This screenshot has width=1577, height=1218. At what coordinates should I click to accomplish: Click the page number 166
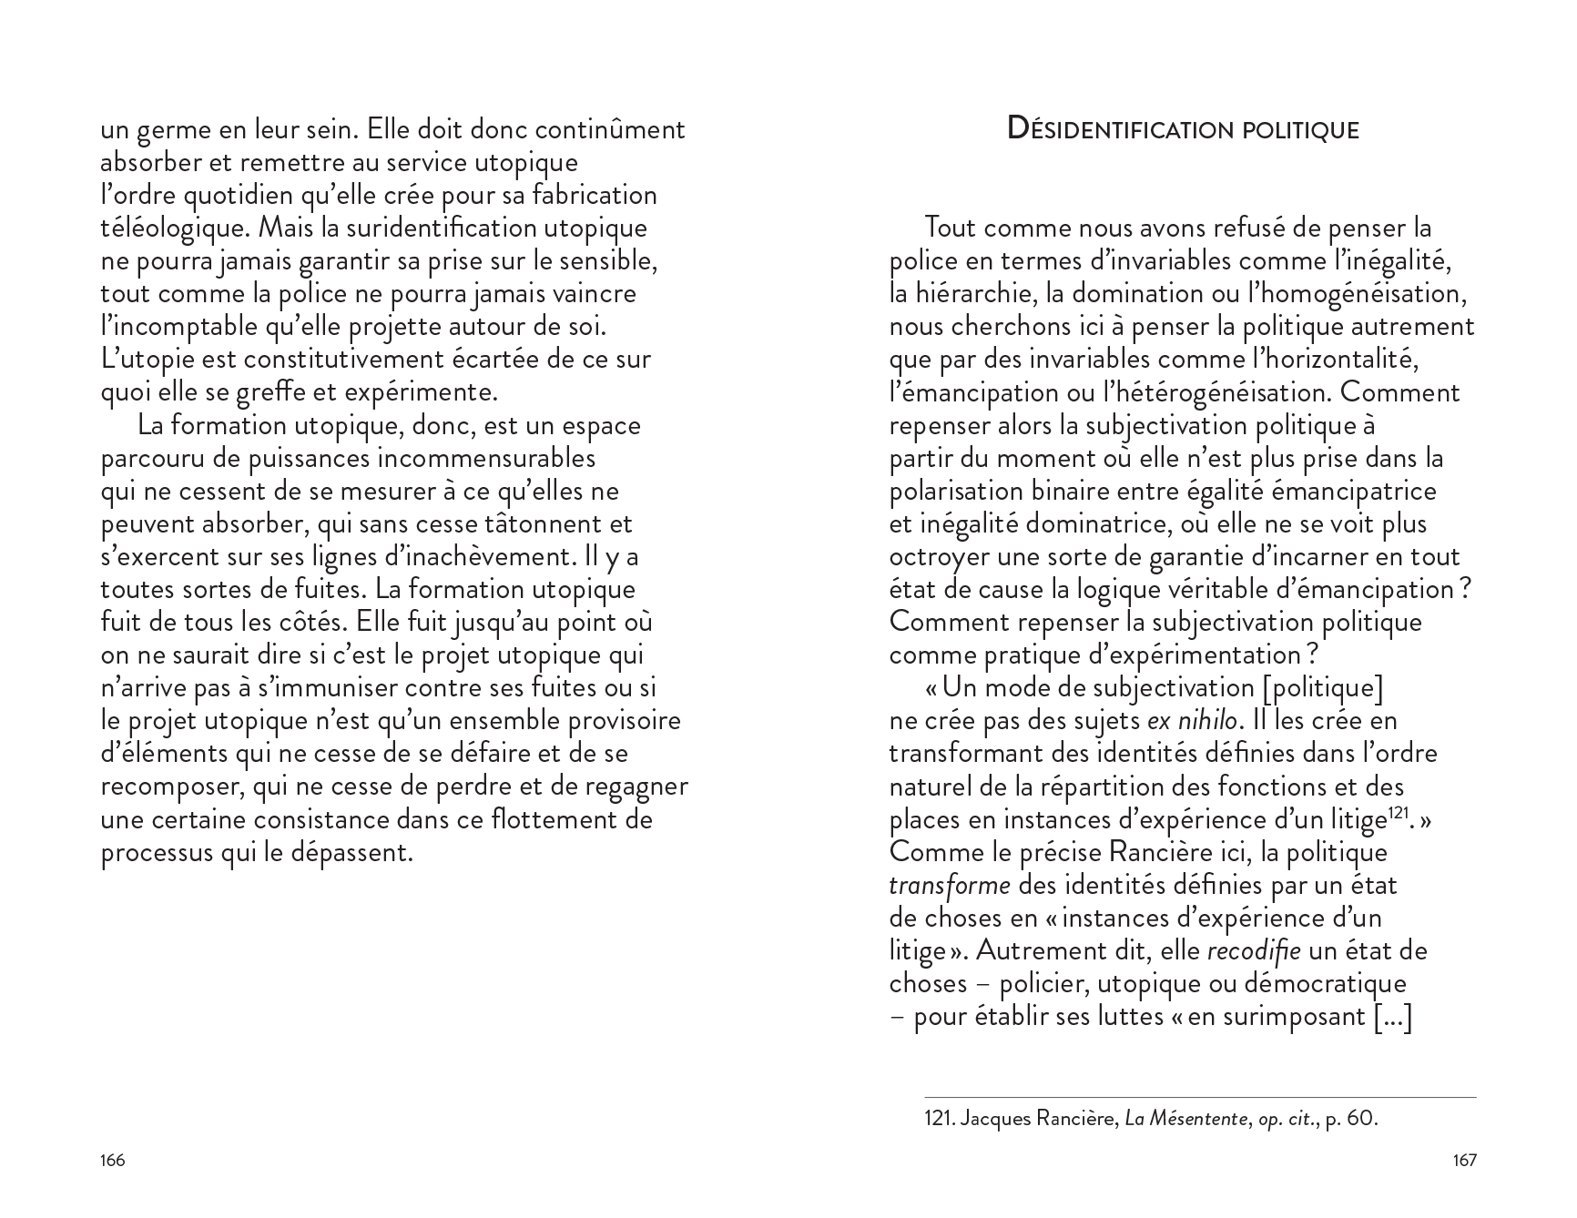[112, 1161]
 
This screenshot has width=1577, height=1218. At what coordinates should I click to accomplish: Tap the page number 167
[1464, 1161]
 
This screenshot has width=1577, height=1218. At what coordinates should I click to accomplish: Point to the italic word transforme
[949, 885]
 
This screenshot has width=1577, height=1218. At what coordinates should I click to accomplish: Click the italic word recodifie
[1253, 951]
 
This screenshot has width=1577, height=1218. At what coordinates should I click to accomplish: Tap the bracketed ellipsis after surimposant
[1391, 1017]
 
